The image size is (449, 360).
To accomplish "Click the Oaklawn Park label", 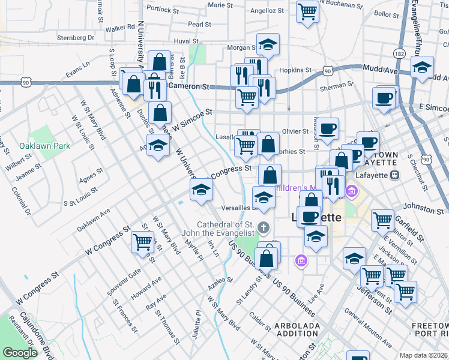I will (x=44, y=146).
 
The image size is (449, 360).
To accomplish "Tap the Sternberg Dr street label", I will (x=75, y=37).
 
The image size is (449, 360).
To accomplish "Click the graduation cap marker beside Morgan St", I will (x=268, y=44).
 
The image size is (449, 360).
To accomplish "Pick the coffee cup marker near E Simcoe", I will (x=384, y=98).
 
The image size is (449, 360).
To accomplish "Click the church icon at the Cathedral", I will (x=263, y=227).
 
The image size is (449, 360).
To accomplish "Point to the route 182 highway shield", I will (x=399, y=54).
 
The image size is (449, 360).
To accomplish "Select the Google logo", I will (x=20, y=353).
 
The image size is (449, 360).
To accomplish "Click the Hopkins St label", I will (x=298, y=70).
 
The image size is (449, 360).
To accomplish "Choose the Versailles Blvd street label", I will (x=239, y=208).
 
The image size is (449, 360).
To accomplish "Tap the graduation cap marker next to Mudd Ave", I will (x=423, y=67).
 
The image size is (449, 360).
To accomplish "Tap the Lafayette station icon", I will (x=395, y=175).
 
